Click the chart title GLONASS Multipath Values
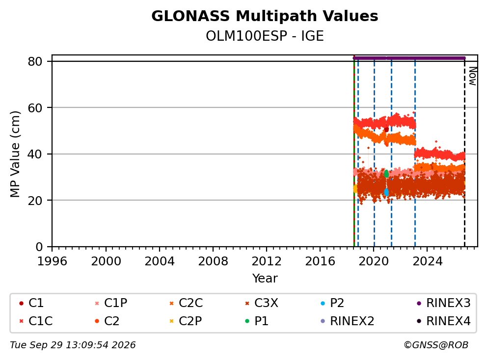pyautogui.click(x=265, y=16)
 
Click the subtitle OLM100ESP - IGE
pyautogui.click(x=265, y=36)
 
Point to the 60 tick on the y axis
pyautogui.click(x=50, y=108)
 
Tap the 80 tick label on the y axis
pyautogui.click(x=35, y=61)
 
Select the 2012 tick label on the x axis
pyautogui.click(x=267, y=261)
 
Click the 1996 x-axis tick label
pyautogui.click(x=52, y=261)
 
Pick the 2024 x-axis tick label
pyautogui.click(x=427, y=261)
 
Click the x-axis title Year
pyautogui.click(x=265, y=279)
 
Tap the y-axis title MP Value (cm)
pyautogui.click(x=15, y=154)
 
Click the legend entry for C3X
pyautogui.click(x=262, y=303)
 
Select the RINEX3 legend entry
pyautogui.click(x=443, y=303)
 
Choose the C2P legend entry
pyautogui.click(x=186, y=321)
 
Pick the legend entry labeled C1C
pyautogui.click(x=36, y=321)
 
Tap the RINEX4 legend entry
pyautogui.click(x=443, y=321)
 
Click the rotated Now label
pyautogui.click(x=473, y=77)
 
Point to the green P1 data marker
pyautogui.click(x=386, y=174)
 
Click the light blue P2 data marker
pyautogui.click(x=386, y=192)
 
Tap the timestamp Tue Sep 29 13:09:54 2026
pyautogui.click(x=73, y=345)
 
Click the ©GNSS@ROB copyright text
pyautogui.click(x=436, y=345)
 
